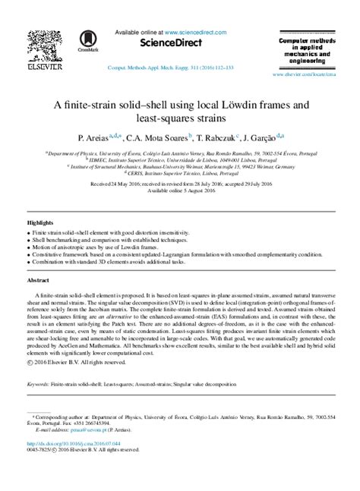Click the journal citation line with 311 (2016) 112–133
(x=179, y=67)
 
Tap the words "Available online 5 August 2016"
(x=180, y=190)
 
